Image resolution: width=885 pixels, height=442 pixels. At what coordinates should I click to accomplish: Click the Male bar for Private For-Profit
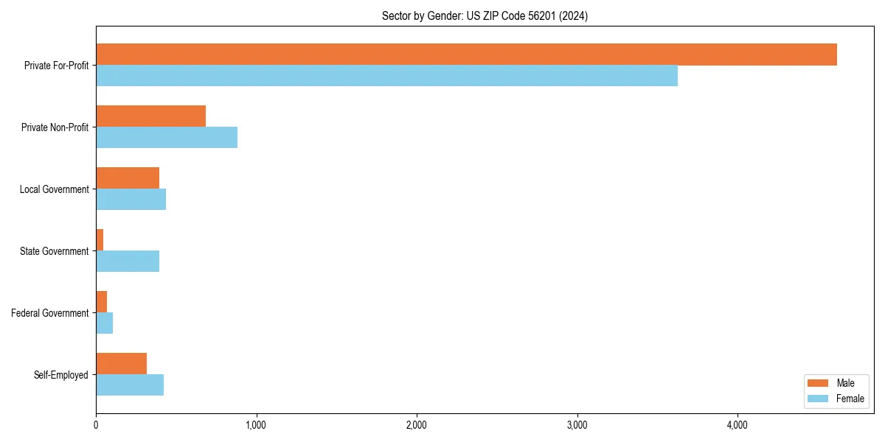[466, 55]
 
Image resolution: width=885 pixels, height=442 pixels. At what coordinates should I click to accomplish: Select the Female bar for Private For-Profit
[386, 76]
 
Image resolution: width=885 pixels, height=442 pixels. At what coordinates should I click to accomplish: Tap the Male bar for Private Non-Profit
[150, 116]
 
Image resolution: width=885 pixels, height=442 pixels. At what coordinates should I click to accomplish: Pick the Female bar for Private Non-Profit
[167, 138]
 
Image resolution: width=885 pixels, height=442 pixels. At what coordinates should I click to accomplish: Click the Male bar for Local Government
[128, 178]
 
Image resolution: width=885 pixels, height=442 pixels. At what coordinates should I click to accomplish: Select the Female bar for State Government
[128, 262]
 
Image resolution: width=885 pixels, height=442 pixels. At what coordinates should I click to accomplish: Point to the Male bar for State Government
[100, 240]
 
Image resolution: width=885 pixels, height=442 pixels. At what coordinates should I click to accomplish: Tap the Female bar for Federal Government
[104, 323]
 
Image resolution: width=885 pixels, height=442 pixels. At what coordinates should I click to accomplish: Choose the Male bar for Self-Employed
[121, 364]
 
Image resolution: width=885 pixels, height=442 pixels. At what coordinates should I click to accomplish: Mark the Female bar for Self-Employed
[130, 385]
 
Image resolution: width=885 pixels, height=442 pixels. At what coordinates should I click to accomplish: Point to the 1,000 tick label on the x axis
[256, 425]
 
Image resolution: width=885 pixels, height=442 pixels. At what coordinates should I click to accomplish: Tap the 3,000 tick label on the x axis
[577, 425]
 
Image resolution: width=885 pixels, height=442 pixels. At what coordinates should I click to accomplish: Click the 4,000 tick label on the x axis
[737, 425]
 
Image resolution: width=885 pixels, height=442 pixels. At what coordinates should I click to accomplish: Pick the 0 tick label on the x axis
[96, 425]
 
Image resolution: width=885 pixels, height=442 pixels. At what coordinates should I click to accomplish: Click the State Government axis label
[54, 251]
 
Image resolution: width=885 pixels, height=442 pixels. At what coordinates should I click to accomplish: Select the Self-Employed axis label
[60, 375]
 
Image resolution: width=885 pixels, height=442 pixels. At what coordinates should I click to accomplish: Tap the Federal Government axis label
[50, 313]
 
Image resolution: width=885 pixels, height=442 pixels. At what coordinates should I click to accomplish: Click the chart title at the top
[485, 15]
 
